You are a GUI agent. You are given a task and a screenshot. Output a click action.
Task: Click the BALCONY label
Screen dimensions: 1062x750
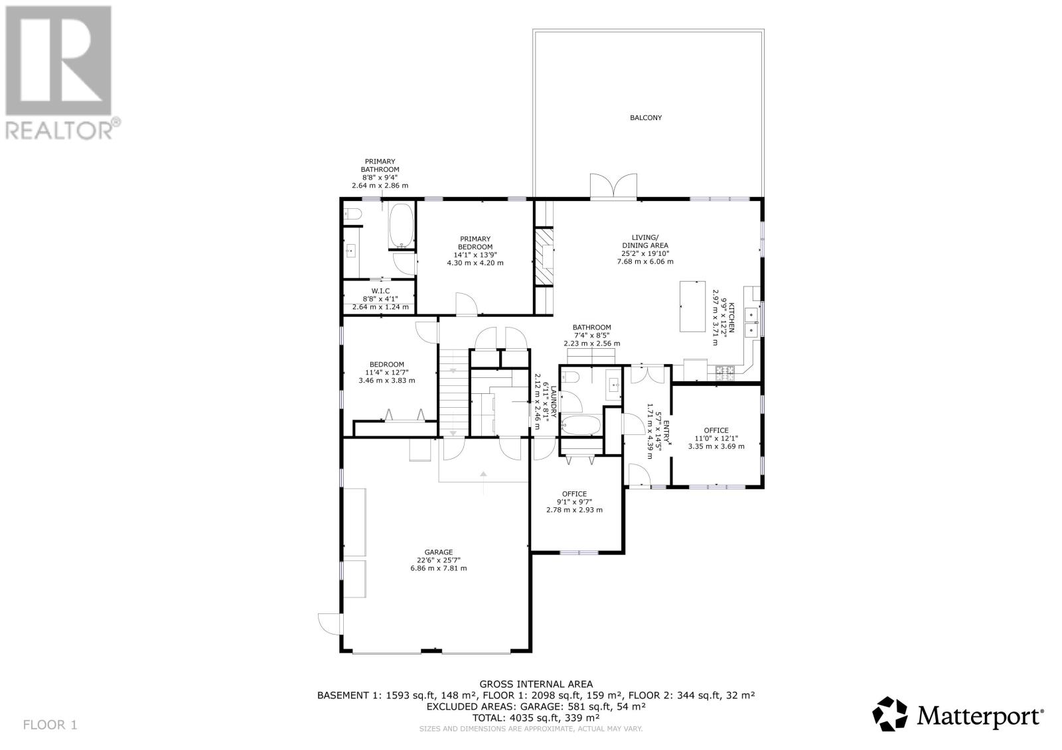point(645,117)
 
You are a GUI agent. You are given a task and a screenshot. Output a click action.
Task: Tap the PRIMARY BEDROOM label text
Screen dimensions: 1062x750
point(475,243)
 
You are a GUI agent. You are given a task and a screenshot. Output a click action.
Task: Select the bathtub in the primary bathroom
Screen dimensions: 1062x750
point(401,226)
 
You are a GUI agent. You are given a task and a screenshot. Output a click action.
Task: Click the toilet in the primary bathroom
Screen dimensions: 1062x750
point(352,214)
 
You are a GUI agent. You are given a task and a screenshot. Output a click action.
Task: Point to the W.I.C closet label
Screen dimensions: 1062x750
point(380,291)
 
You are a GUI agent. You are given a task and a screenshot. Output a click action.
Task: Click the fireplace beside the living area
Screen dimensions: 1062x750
point(544,257)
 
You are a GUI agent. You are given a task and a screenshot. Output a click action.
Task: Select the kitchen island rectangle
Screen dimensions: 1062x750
point(692,306)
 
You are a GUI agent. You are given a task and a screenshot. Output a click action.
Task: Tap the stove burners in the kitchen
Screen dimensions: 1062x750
point(724,373)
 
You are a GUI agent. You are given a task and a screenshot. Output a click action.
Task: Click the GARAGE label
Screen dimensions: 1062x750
point(438,552)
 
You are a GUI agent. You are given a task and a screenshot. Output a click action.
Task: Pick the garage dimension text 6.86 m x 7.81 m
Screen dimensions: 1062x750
point(438,568)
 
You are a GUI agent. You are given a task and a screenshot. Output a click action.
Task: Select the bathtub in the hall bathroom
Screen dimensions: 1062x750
point(581,425)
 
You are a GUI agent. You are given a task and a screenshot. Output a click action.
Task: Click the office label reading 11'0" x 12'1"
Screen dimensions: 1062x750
point(716,438)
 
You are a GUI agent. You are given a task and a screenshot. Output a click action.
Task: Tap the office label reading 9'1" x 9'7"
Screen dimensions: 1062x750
point(574,502)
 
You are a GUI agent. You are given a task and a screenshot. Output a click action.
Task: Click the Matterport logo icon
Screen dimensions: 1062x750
point(890,714)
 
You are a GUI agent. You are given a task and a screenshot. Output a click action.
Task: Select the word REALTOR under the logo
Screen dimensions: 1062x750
point(59,130)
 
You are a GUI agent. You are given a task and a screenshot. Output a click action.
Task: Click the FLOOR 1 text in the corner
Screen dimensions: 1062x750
point(50,725)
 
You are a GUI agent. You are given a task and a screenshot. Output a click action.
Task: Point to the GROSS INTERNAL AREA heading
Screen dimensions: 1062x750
point(536,684)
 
